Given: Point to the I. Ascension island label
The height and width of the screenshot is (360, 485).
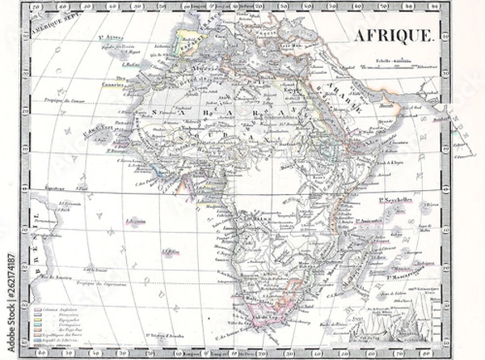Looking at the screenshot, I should coord(137,220).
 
